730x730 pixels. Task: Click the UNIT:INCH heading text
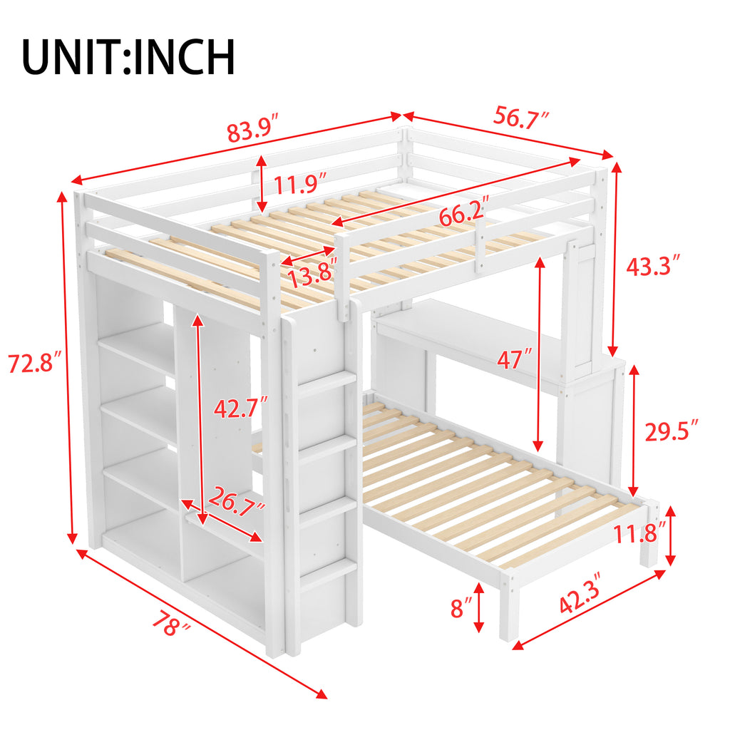point(128,57)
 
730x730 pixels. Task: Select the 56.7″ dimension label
point(521,117)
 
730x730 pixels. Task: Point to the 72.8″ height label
point(35,363)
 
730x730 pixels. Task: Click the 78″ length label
point(170,624)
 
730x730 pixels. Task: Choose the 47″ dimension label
point(513,359)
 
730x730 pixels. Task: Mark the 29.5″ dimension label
point(672,431)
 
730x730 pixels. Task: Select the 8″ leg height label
point(461,607)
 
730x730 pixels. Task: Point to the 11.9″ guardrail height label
point(299,184)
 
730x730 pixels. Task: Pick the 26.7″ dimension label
point(237,500)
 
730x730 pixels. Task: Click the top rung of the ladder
point(327,383)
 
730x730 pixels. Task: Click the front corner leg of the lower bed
point(509,607)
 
